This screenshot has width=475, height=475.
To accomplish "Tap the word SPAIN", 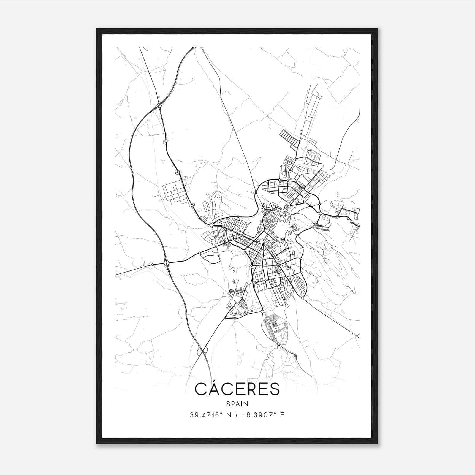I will click(237, 404).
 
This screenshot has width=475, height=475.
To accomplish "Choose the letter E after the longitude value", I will click(282, 415).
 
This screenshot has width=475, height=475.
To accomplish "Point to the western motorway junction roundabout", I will click(166, 263).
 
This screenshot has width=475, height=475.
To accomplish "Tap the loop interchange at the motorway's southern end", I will click(202, 351).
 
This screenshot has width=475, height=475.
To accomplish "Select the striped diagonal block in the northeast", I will click(289, 139).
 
